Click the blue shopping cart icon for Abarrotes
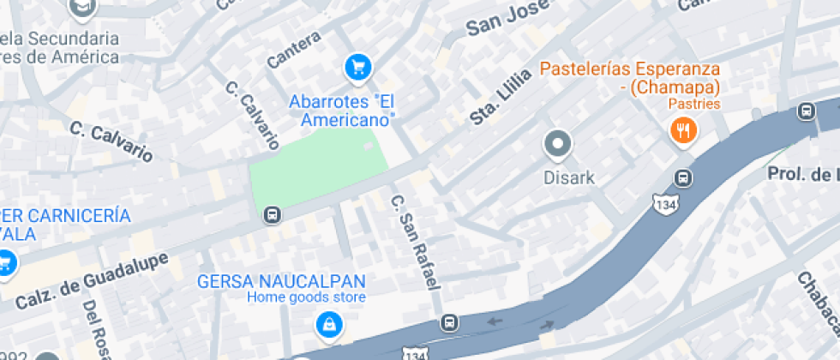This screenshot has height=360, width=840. coord(357,66)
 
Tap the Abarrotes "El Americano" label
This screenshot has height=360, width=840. coord(341,111)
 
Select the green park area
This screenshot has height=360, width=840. coord(317,168)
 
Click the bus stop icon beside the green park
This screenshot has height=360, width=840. coord(273,214)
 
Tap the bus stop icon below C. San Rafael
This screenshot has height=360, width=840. coord(449,322)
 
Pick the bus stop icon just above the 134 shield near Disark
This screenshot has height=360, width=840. coord(683,178)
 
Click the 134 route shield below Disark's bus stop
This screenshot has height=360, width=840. coord(664,204)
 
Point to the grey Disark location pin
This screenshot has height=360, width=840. coord(558,144)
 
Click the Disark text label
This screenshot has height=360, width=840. coord(568,178)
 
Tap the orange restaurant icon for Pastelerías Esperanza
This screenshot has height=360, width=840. coord(683,131)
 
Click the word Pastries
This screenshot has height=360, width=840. coord(694,105)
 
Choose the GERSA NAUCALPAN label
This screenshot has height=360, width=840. coord(281,281)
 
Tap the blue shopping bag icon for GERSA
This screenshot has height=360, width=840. coord(328,324)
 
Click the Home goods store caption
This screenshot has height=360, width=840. coord(307,297)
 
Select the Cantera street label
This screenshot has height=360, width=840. coord(294,50)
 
